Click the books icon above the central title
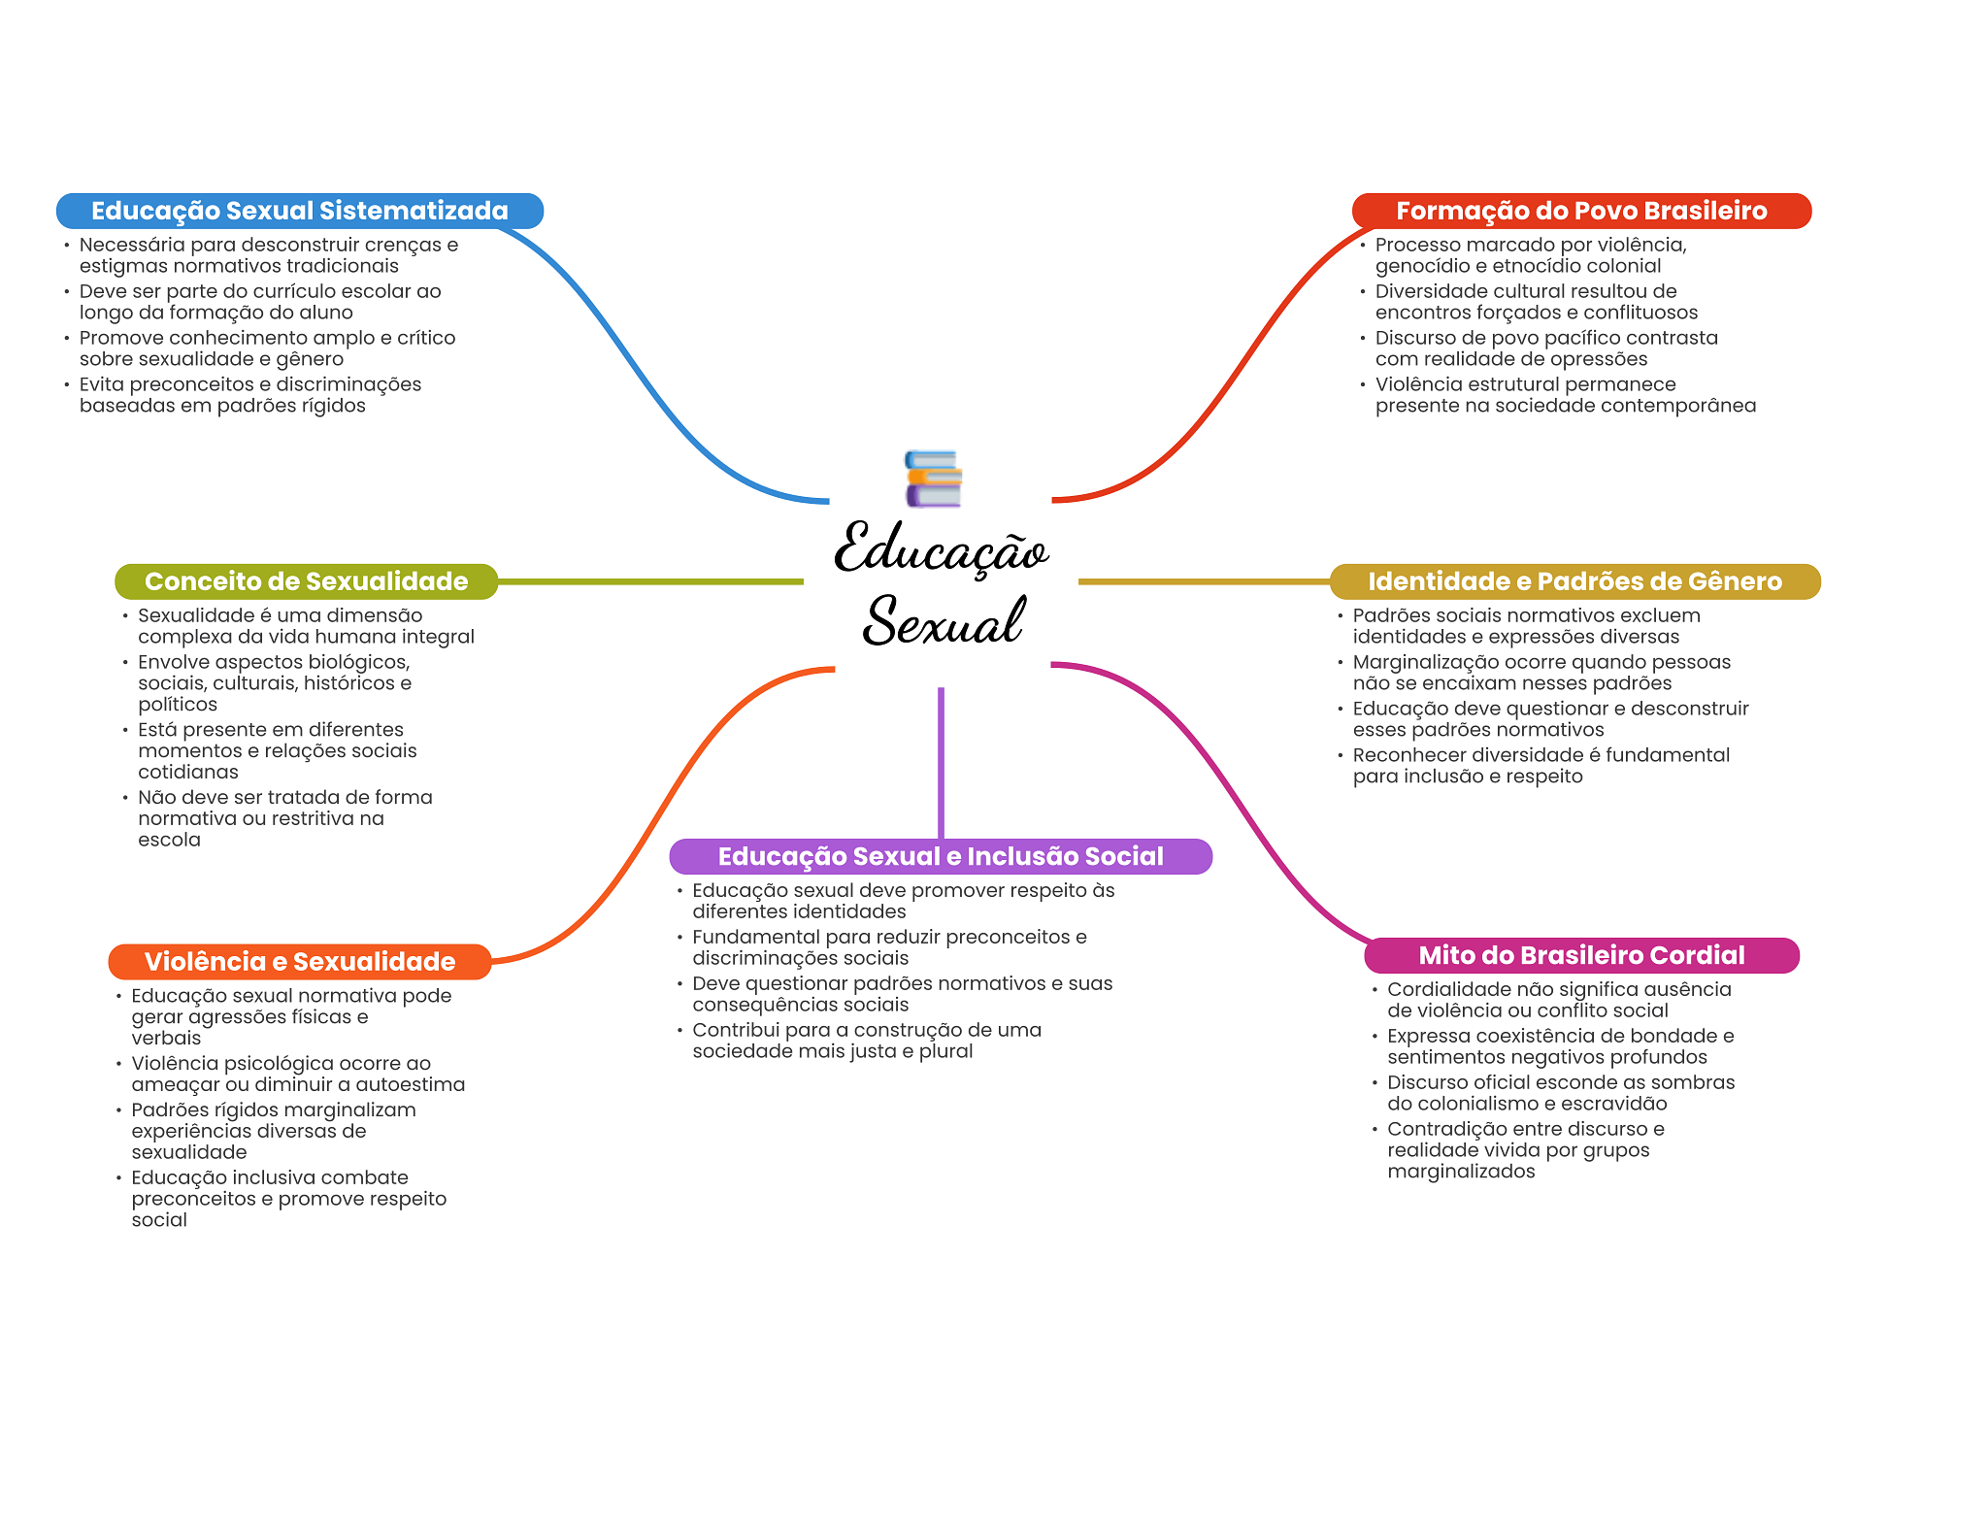933,479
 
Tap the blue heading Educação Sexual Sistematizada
300,211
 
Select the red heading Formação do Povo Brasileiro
1581,211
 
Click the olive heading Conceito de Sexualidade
306,581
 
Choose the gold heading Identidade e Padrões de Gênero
1574,581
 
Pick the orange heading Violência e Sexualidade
300,962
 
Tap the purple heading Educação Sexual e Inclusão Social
941,856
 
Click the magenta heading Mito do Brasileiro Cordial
1581,955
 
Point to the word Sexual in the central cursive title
944,621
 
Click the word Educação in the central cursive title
942,549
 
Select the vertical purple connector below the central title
941,763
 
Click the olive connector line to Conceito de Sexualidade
650,581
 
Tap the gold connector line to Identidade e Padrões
1204,581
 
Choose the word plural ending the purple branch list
946,1052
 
